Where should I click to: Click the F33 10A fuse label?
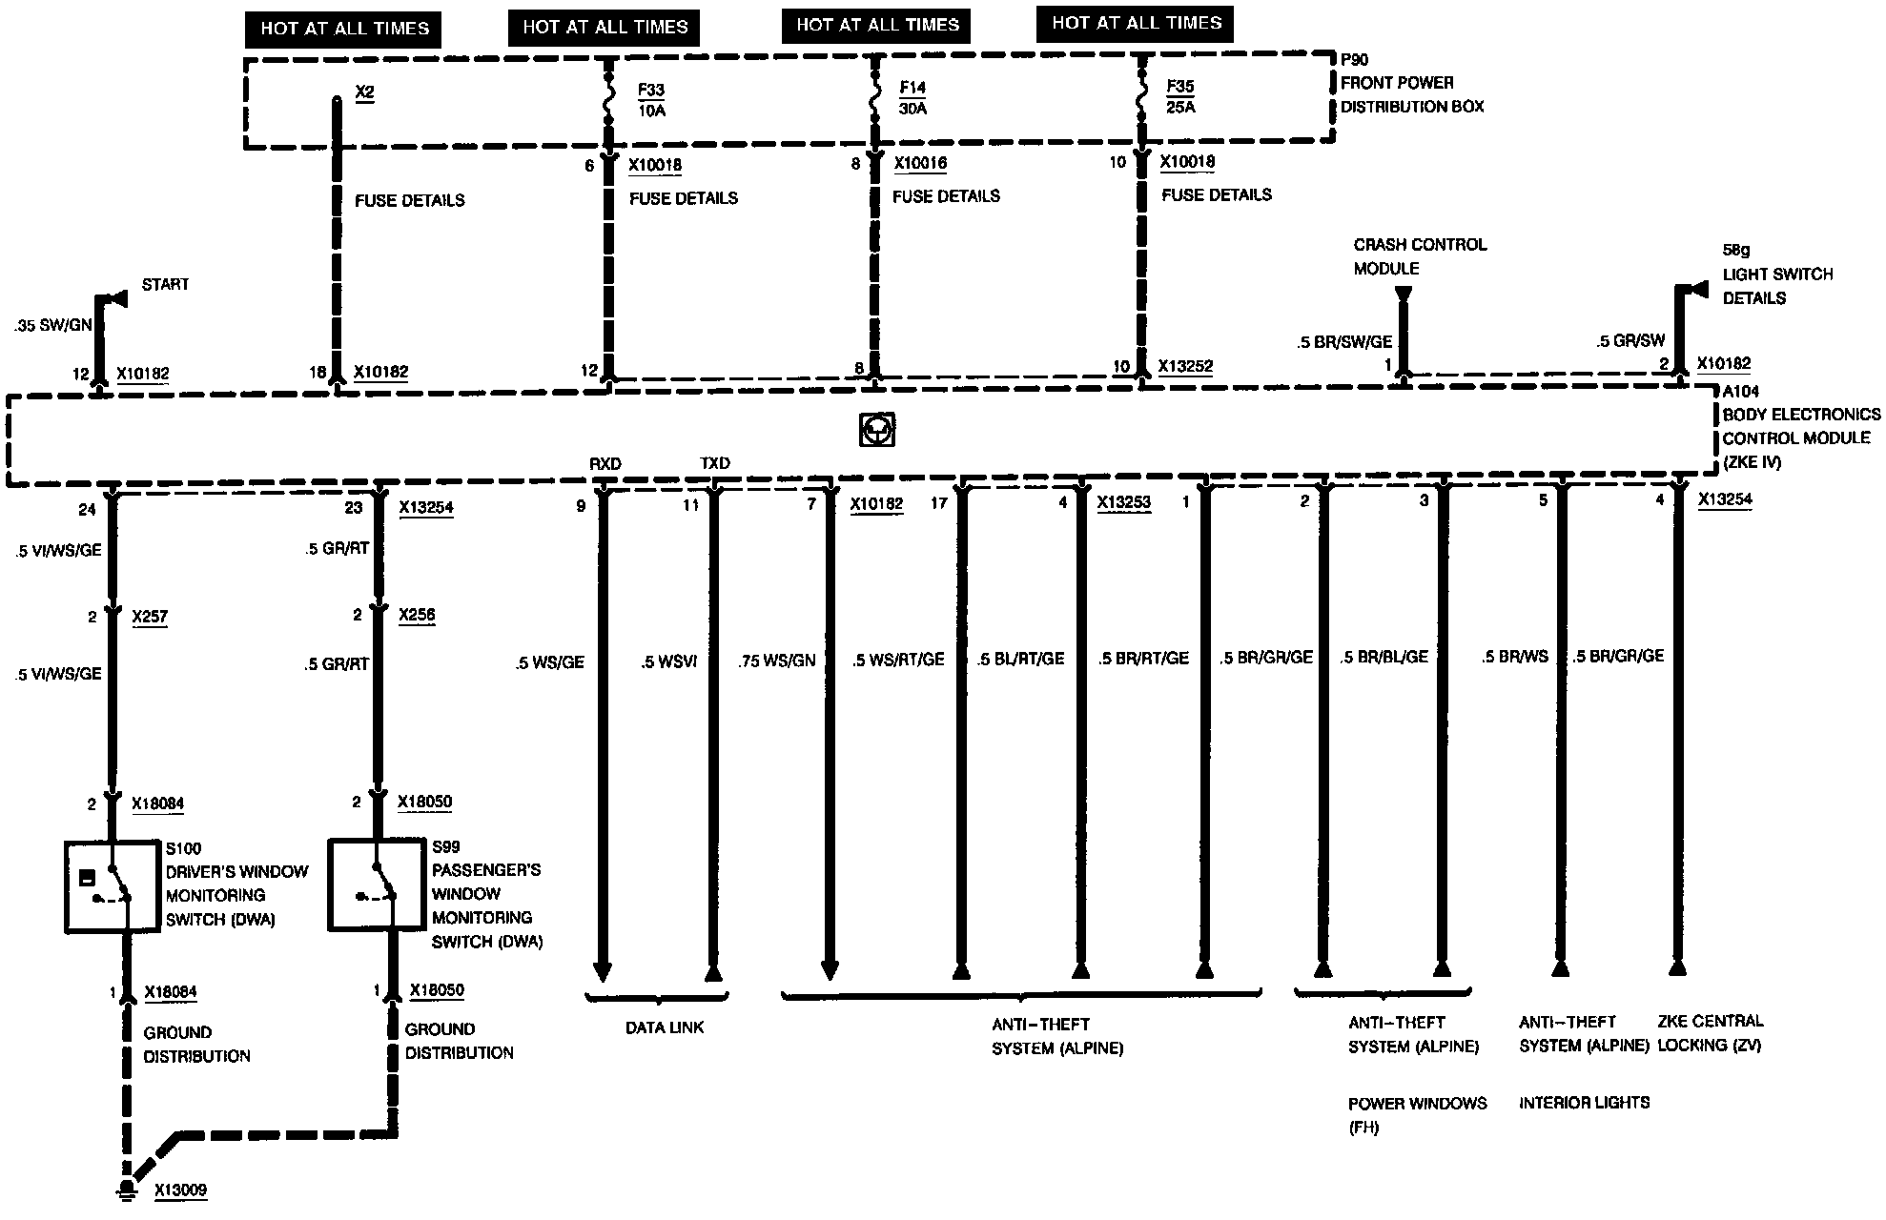click(x=651, y=100)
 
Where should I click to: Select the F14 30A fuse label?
click(x=912, y=98)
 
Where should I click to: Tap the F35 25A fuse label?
click(x=1180, y=97)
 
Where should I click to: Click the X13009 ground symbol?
click(x=125, y=1189)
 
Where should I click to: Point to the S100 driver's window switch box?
click(x=112, y=885)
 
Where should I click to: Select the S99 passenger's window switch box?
click(x=376, y=884)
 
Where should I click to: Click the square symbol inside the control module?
click(x=876, y=430)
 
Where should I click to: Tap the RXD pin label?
click(x=605, y=464)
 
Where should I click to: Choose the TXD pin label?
click(x=715, y=463)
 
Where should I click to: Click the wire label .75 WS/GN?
click(x=777, y=661)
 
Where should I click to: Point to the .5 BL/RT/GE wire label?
click(x=1020, y=659)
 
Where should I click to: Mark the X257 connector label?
click(x=150, y=617)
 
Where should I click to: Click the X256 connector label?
click(x=417, y=615)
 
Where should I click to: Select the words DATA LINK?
click(x=665, y=1027)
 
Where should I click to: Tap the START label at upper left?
click(x=165, y=284)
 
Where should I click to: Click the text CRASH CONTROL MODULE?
click(x=1420, y=256)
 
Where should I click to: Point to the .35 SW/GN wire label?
click(x=53, y=325)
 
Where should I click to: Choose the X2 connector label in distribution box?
click(x=364, y=92)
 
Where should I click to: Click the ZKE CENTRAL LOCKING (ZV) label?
click(x=1710, y=1033)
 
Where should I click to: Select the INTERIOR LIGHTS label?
click(x=1584, y=1103)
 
